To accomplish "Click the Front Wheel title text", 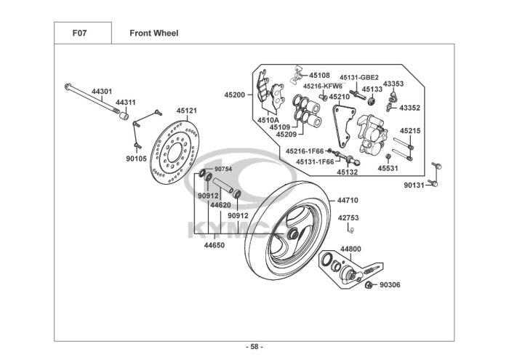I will (x=153, y=33).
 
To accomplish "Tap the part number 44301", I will (x=102, y=92).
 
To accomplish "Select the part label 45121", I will (x=187, y=111).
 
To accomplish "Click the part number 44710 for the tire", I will (x=348, y=200).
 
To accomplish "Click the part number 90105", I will (x=136, y=158).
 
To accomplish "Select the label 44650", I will (x=214, y=245).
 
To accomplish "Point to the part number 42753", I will (x=348, y=217).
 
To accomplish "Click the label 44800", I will (x=350, y=249).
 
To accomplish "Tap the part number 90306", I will (x=390, y=285).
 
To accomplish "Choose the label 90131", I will (x=416, y=185).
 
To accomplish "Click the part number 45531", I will (x=388, y=168).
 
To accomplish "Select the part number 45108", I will (x=319, y=75).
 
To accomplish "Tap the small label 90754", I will (x=223, y=169).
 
